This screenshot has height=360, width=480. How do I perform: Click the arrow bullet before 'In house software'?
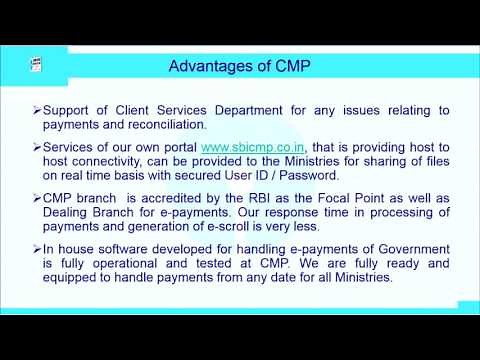click(x=36, y=253)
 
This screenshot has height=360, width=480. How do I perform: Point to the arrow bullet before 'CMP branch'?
click(x=36, y=200)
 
